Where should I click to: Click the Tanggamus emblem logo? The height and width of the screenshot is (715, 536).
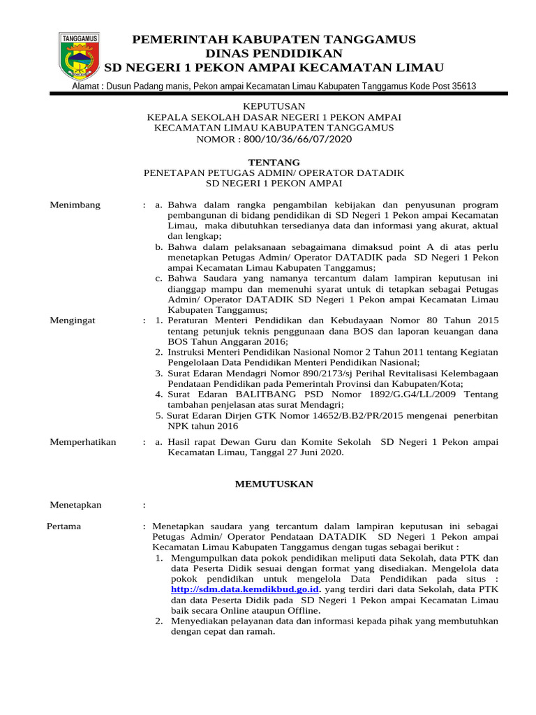coord(79,55)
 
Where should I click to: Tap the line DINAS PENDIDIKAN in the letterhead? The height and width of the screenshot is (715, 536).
coord(274,53)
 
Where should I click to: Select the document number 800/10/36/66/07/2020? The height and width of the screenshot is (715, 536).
coord(298,139)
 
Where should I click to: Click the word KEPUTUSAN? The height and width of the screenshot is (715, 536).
coord(274,105)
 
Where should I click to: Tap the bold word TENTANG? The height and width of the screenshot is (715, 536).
coord(274,162)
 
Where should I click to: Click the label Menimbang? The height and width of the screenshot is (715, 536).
coord(75,205)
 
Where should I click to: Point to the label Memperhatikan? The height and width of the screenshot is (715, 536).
coord(82,442)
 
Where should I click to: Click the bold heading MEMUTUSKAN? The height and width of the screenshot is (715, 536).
coord(274,484)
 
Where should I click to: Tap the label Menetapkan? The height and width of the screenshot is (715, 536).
coord(75,505)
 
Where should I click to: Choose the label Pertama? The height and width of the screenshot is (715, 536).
coord(64,526)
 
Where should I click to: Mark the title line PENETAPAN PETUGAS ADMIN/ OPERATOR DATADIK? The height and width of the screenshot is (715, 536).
coord(274,172)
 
